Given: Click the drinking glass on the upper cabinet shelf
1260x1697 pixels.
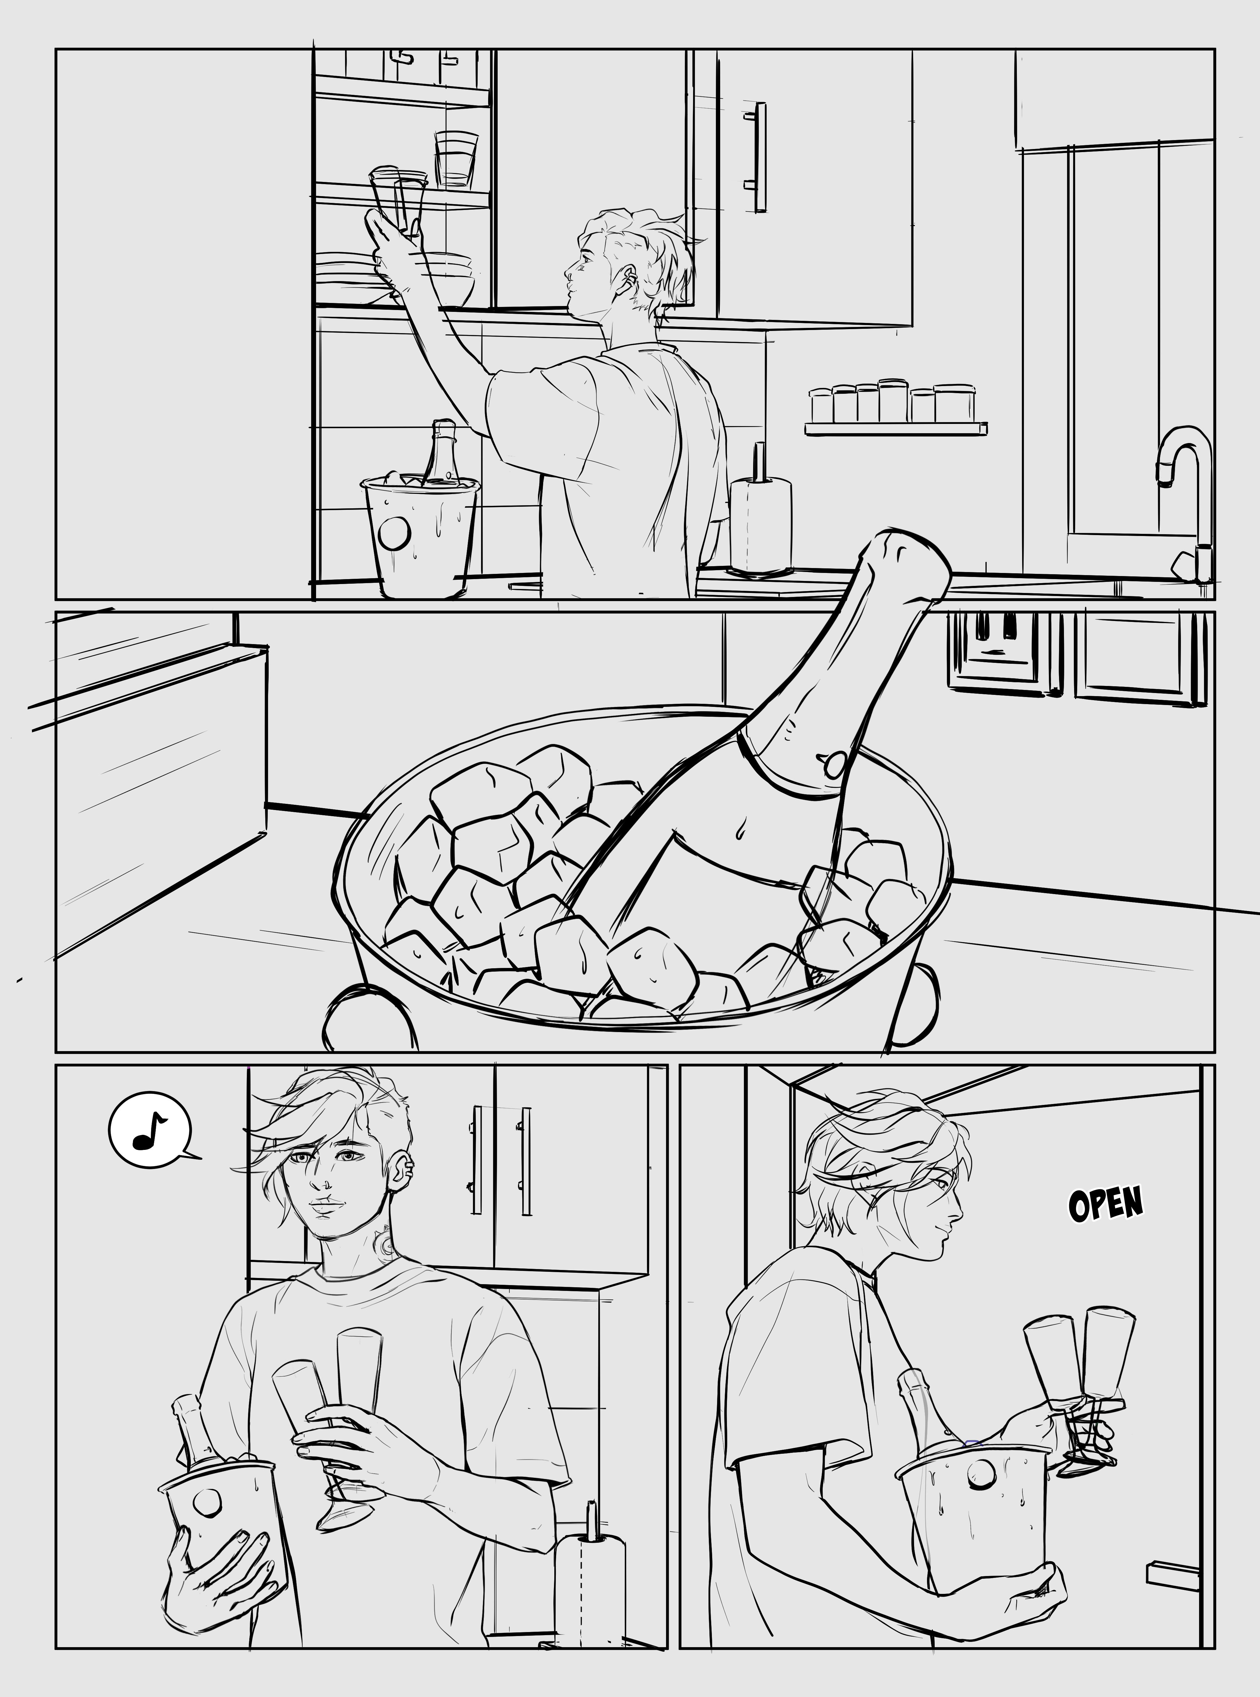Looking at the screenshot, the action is point(456,159).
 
